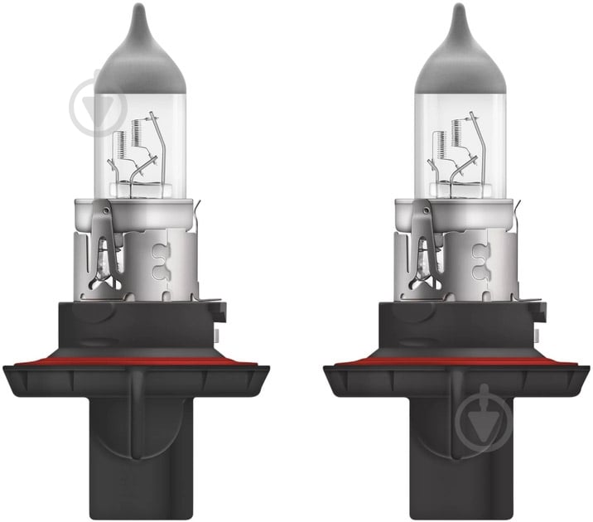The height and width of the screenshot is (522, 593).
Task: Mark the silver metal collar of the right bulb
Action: [x=476, y=249]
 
